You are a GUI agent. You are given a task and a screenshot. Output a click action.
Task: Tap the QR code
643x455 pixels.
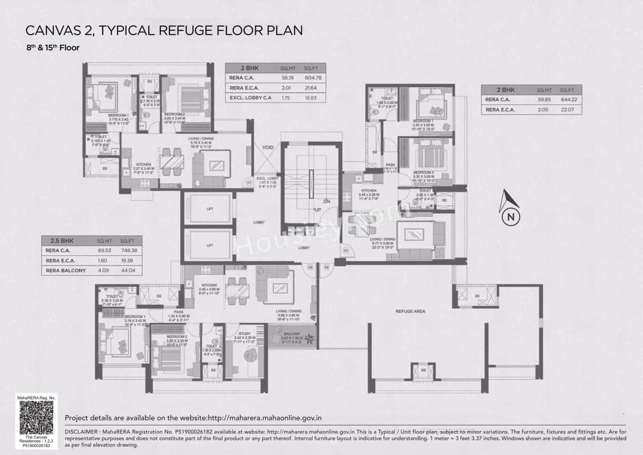[38, 417]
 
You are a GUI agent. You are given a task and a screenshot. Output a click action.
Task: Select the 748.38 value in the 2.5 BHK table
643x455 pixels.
[129, 250]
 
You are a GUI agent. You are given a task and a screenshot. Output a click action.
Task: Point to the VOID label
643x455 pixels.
[268, 147]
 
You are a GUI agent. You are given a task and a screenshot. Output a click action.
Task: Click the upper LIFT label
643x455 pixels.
[209, 209]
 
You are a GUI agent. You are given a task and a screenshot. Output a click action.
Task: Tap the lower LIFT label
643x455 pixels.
[209, 245]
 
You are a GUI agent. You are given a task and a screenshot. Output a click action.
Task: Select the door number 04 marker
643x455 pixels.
[248, 183]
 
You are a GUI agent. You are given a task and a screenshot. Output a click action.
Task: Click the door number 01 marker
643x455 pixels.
[346, 250]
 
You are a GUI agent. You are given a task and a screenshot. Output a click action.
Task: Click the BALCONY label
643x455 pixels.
[291, 333]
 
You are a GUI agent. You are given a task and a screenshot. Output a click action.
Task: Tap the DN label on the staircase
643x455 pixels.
[327, 201]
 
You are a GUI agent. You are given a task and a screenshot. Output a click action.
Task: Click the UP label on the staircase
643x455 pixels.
[317, 209]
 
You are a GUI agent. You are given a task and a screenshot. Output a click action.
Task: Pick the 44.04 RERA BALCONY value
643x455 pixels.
[129, 270]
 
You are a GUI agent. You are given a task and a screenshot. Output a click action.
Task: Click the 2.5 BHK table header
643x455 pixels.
[58, 241]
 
